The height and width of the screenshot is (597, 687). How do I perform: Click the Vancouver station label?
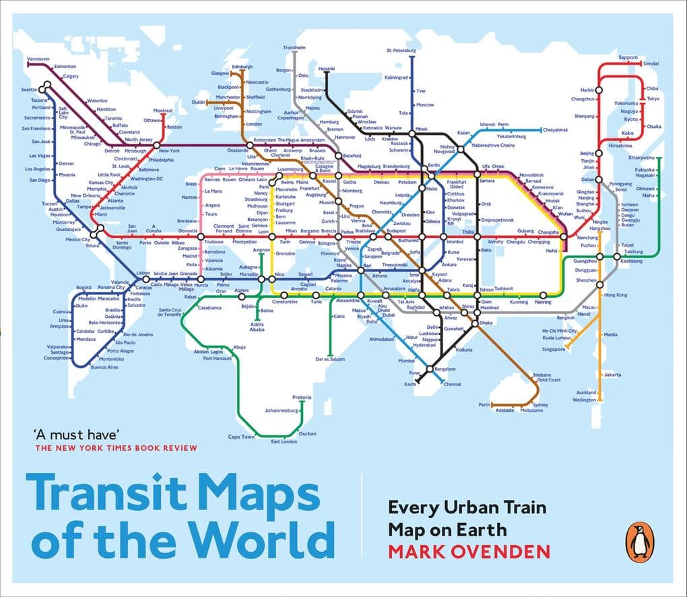(38, 59)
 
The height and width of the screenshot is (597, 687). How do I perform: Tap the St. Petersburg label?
(403, 51)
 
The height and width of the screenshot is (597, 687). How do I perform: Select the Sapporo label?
(628, 57)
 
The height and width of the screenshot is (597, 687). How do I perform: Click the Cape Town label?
(241, 437)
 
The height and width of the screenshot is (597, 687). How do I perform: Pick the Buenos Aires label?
(104, 367)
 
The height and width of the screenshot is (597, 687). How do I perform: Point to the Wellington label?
(584, 400)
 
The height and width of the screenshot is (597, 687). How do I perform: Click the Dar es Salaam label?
(329, 359)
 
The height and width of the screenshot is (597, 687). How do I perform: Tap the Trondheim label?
(294, 48)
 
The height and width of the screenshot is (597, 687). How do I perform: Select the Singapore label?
(554, 349)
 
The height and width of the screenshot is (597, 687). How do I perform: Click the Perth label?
(484, 404)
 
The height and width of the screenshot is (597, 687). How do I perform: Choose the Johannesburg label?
(281, 410)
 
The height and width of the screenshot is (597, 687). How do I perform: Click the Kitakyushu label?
(642, 158)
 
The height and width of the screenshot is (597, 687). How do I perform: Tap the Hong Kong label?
(616, 295)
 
